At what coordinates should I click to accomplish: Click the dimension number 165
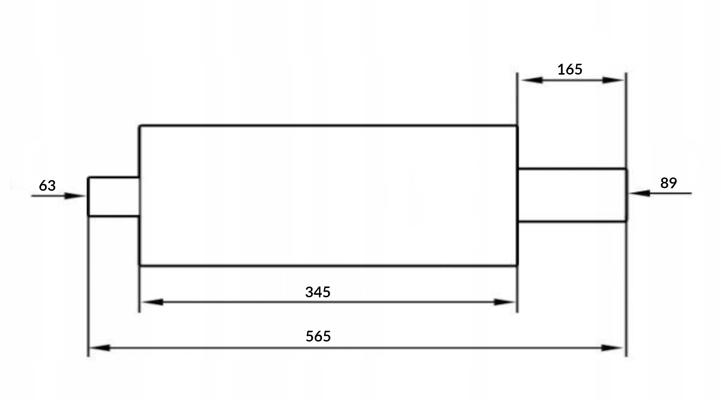tap(570, 70)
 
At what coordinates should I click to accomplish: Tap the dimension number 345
tap(318, 292)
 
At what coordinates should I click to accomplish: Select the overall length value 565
tap(318, 336)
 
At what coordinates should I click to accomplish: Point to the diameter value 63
tap(47, 186)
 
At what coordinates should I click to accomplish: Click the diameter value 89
tap(668, 183)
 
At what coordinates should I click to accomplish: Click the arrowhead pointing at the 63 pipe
tap(75, 196)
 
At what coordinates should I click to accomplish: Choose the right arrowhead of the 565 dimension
tap(612, 348)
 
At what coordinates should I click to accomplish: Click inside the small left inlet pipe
tap(113, 196)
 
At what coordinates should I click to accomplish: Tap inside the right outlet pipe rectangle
tap(572, 195)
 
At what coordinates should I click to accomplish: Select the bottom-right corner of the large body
tap(517, 265)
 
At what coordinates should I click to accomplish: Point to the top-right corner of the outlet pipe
tap(626, 169)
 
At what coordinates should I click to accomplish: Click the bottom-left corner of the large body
tap(140, 265)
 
